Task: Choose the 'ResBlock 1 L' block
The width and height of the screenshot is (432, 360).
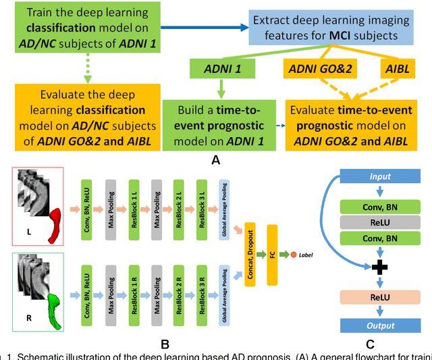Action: [x=133, y=199]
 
